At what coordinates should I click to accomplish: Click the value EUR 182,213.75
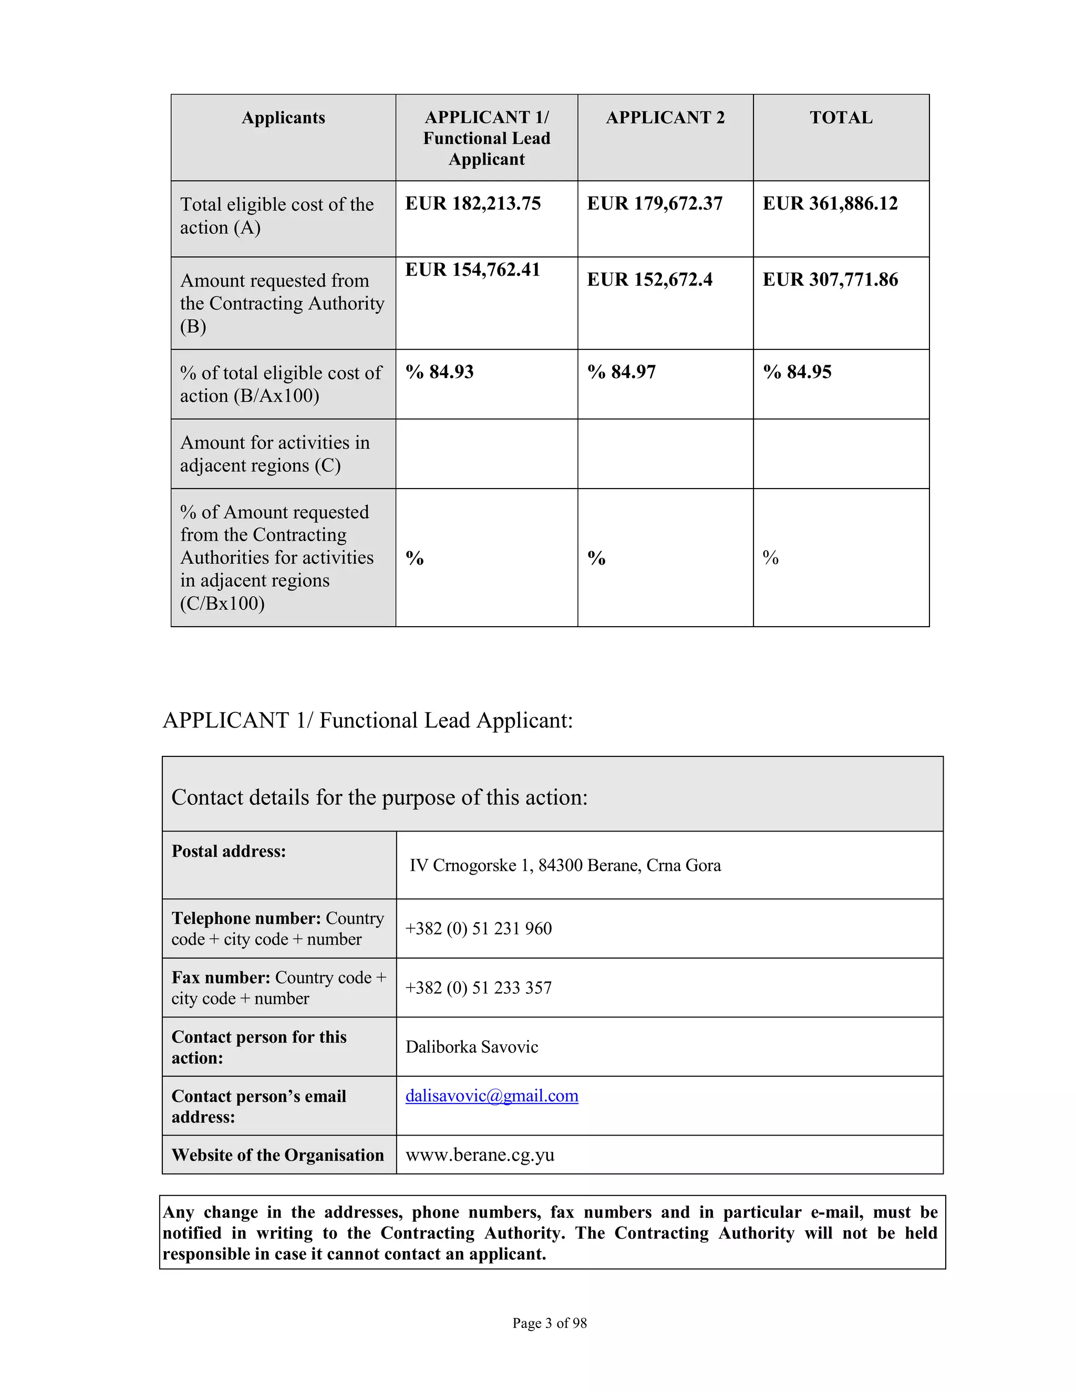click(x=472, y=203)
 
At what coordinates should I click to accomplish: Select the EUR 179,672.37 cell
click(x=654, y=203)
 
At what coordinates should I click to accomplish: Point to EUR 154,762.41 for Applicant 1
click(x=472, y=269)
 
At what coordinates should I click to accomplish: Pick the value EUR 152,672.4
click(x=649, y=279)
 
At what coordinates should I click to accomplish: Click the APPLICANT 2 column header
click(x=665, y=117)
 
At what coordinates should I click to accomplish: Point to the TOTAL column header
click(x=840, y=117)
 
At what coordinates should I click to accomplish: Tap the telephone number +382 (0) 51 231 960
click(x=478, y=928)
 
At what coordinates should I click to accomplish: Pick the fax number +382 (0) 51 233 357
click(x=478, y=988)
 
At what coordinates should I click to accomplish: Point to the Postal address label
click(x=228, y=851)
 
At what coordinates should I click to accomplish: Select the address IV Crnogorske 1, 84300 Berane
click(x=564, y=865)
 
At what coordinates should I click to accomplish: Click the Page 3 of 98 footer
click(x=549, y=1323)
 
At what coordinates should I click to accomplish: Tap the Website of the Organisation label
click(x=277, y=1155)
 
